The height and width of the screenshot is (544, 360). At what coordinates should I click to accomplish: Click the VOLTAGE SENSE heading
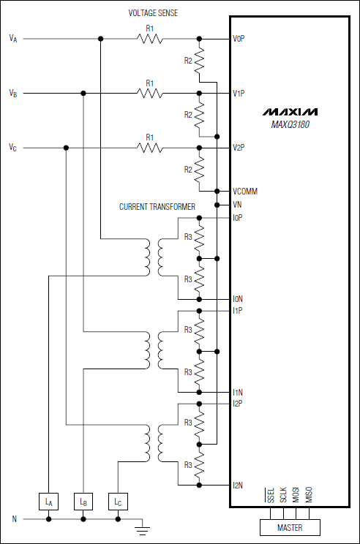[153, 14]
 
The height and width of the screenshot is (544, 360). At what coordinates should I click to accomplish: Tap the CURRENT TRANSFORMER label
[157, 207]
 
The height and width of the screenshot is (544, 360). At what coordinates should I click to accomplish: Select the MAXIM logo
[290, 113]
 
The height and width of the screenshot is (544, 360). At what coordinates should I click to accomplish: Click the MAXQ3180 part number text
[290, 124]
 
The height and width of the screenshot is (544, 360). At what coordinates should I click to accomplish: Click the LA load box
[48, 502]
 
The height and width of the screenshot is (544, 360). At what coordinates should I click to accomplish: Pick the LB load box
[83, 502]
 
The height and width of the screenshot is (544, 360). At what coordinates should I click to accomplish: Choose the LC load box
[118, 502]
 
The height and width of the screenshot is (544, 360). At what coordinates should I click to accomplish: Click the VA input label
[13, 38]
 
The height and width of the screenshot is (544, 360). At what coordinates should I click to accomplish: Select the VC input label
[13, 148]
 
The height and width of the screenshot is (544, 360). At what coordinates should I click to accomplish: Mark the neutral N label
[13, 519]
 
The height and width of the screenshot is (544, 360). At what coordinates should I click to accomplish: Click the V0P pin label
[239, 38]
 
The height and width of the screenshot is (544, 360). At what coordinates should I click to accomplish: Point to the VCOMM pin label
[244, 192]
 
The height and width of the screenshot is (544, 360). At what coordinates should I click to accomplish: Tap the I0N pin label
[238, 298]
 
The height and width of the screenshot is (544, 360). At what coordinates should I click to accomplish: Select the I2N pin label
[238, 485]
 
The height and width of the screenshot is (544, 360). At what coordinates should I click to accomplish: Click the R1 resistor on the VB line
[150, 93]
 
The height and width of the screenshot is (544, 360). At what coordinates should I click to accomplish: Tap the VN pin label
[237, 205]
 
